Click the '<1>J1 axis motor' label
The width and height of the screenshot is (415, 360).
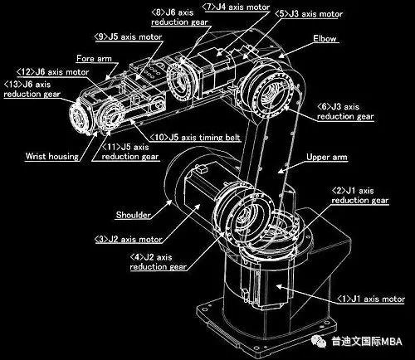click(x=371, y=299)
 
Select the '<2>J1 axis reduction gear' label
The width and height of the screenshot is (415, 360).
click(x=360, y=196)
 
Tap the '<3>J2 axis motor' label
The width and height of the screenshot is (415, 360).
click(x=129, y=239)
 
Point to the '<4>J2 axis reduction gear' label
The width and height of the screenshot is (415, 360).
click(x=159, y=262)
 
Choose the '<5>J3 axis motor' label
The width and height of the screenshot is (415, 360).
click(x=309, y=14)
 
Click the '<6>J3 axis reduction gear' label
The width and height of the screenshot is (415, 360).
click(x=345, y=111)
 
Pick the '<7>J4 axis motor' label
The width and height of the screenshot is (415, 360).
click(x=236, y=7)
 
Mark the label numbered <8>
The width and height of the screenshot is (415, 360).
click(x=179, y=17)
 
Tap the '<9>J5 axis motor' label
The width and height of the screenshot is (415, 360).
click(x=128, y=36)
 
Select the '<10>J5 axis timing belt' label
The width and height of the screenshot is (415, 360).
click(x=195, y=138)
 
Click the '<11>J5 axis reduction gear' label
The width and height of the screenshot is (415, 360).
click(x=130, y=152)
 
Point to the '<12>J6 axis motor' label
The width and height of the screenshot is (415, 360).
click(x=52, y=72)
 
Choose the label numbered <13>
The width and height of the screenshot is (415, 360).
click(x=32, y=89)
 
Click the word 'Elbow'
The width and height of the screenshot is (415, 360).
click(x=325, y=38)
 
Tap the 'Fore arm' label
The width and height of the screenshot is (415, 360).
click(x=94, y=58)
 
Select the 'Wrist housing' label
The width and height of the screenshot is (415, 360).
click(x=52, y=156)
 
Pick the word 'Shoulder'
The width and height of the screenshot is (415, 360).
click(x=134, y=215)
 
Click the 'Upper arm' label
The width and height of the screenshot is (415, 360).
click(x=327, y=157)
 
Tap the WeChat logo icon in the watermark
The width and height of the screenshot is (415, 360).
click(x=319, y=341)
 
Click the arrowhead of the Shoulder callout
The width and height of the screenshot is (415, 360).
click(x=168, y=203)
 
